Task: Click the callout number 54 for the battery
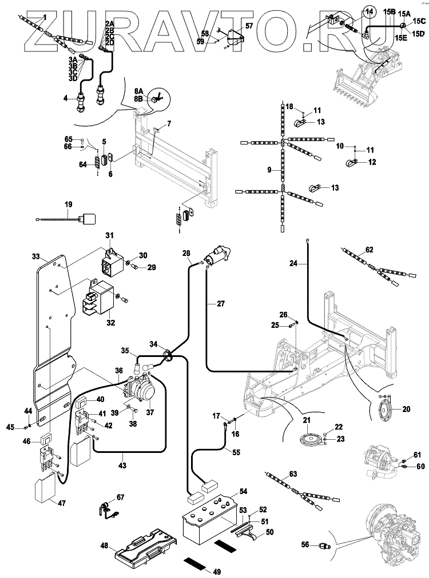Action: pos(243,491)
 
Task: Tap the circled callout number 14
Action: pos(370,11)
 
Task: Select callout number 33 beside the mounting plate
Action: pos(35,256)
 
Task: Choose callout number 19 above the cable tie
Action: pos(68,204)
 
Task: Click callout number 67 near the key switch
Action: pos(120,497)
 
